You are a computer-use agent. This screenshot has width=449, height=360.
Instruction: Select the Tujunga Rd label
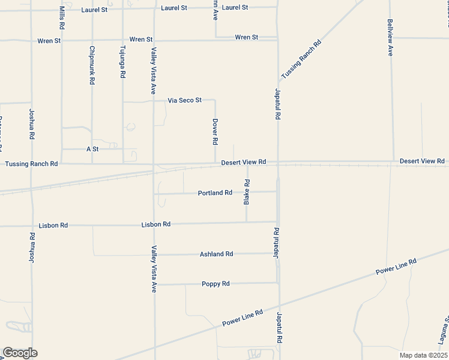(x=123, y=62)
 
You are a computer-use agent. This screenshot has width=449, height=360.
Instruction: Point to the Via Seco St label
(x=184, y=100)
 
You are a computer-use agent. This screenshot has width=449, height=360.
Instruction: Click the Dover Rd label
(x=215, y=131)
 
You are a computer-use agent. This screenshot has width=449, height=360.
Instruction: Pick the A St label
(x=92, y=148)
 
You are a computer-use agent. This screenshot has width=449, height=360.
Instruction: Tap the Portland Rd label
(x=215, y=193)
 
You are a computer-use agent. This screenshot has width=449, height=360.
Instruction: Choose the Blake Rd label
(x=247, y=192)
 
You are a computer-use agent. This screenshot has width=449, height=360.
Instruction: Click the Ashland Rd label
(x=216, y=254)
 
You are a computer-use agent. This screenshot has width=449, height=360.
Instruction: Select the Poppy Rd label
(x=216, y=284)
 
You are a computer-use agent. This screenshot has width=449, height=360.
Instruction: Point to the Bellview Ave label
(x=390, y=37)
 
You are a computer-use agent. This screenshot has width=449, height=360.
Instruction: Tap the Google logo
(x=19, y=353)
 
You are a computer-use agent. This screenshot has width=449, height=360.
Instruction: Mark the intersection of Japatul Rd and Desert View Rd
(x=277, y=163)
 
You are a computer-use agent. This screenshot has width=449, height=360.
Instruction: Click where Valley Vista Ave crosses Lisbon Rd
(x=154, y=225)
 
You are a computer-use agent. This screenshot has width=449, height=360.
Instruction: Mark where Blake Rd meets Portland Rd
(x=247, y=193)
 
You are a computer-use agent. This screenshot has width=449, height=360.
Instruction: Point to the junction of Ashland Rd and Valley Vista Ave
(x=154, y=254)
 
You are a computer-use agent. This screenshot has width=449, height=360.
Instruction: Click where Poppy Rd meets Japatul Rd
(x=277, y=283)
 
